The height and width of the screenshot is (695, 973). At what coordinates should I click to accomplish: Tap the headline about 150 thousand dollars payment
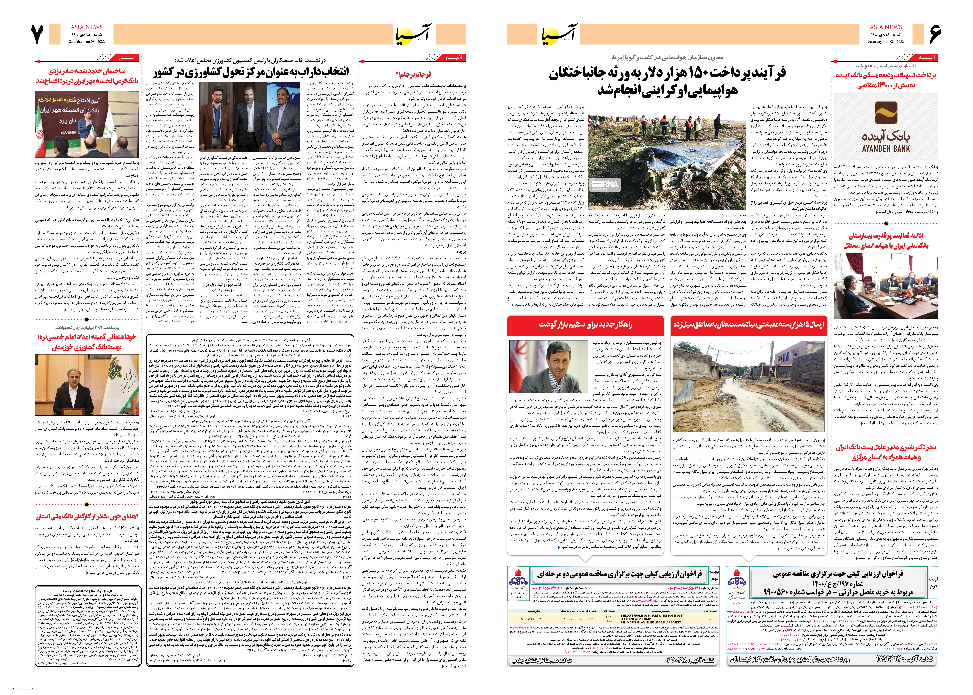point(667,81)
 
